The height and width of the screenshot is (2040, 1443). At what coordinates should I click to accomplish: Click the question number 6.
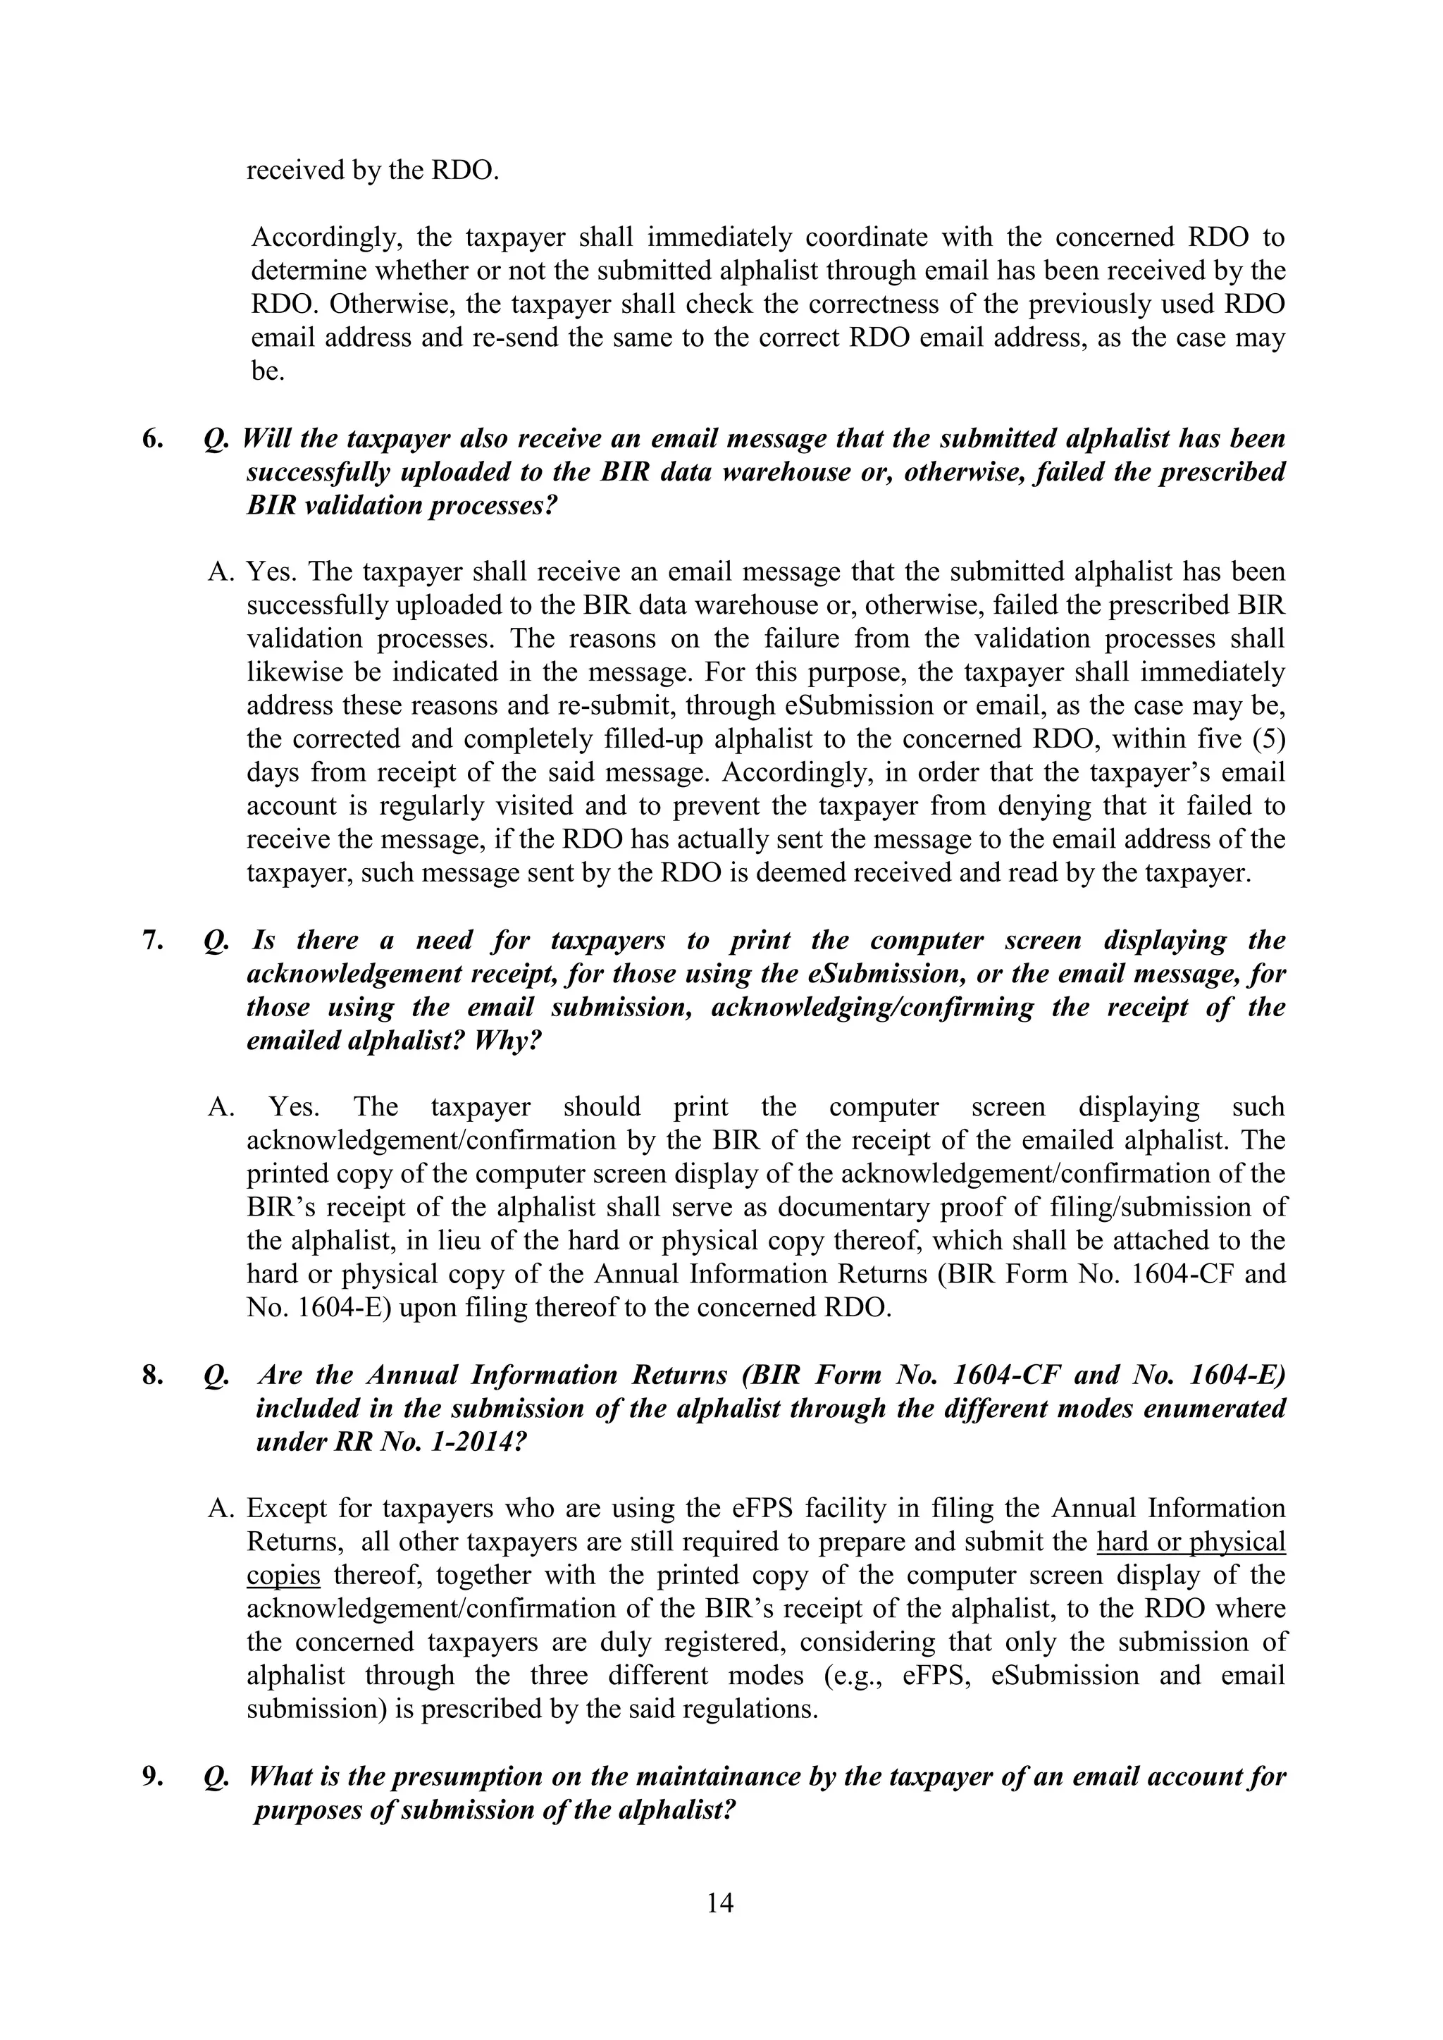click(x=152, y=439)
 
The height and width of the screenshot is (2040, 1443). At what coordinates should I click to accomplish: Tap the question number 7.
click(x=152, y=940)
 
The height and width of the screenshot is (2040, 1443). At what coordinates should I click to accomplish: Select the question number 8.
click(x=152, y=1375)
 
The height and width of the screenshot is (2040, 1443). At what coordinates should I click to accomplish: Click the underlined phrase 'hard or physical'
click(x=1191, y=1542)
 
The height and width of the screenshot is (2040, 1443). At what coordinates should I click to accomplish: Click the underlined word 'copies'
click(x=283, y=1576)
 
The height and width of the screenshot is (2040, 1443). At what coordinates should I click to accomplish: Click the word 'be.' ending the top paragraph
click(x=268, y=371)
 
